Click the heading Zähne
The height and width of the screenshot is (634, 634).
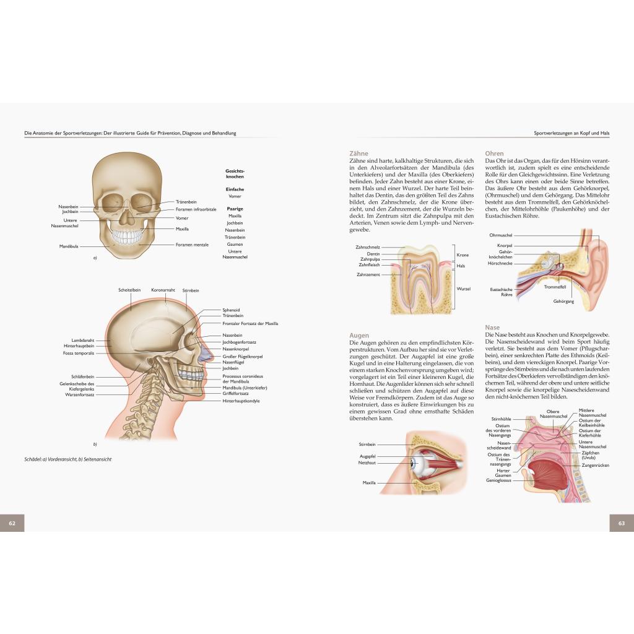(358, 154)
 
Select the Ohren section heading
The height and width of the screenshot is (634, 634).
(494, 154)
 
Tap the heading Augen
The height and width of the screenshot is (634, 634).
(359, 336)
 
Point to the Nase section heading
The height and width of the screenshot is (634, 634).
(492, 327)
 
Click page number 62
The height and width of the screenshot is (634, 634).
(12, 523)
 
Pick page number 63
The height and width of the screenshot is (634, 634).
(622, 523)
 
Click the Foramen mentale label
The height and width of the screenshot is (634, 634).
(192, 245)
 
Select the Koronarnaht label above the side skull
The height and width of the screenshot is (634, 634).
(163, 290)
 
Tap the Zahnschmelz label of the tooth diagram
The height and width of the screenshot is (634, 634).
(368, 247)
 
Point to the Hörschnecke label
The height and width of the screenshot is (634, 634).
(500, 263)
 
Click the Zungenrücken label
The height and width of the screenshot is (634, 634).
(595, 466)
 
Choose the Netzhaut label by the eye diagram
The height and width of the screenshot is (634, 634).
(367, 462)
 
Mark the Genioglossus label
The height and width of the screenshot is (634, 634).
(498, 480)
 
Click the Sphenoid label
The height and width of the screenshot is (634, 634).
(231, 310)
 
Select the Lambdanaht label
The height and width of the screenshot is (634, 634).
(82, 341)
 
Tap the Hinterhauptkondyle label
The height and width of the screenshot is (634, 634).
(241, 401)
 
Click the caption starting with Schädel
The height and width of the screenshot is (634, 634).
(68, 459)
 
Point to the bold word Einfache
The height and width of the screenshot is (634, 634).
(235, 189)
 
